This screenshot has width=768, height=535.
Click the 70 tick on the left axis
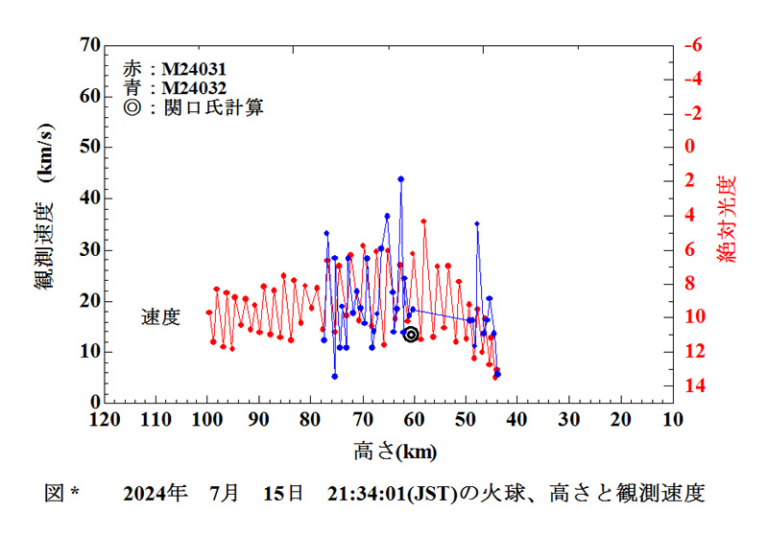click(x=90, y=45)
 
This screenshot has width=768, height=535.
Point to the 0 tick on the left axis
click(x=95, y=403)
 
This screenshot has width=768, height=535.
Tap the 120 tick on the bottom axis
click(x=104, y=419)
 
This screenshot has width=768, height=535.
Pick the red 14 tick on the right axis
click(x=694, y=385)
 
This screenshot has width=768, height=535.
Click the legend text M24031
click(x=193, y=70)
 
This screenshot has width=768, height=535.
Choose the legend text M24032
click(x=193, y=88)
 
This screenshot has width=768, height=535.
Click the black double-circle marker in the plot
click(x=411, y=334)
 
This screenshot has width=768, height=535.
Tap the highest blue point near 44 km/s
click(x=400, y=178)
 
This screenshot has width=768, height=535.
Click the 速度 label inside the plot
click(x=160, y=317)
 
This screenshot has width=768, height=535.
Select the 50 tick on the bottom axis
click(x=466, y=419)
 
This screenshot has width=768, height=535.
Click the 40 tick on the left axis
click(x=90, y=198)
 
